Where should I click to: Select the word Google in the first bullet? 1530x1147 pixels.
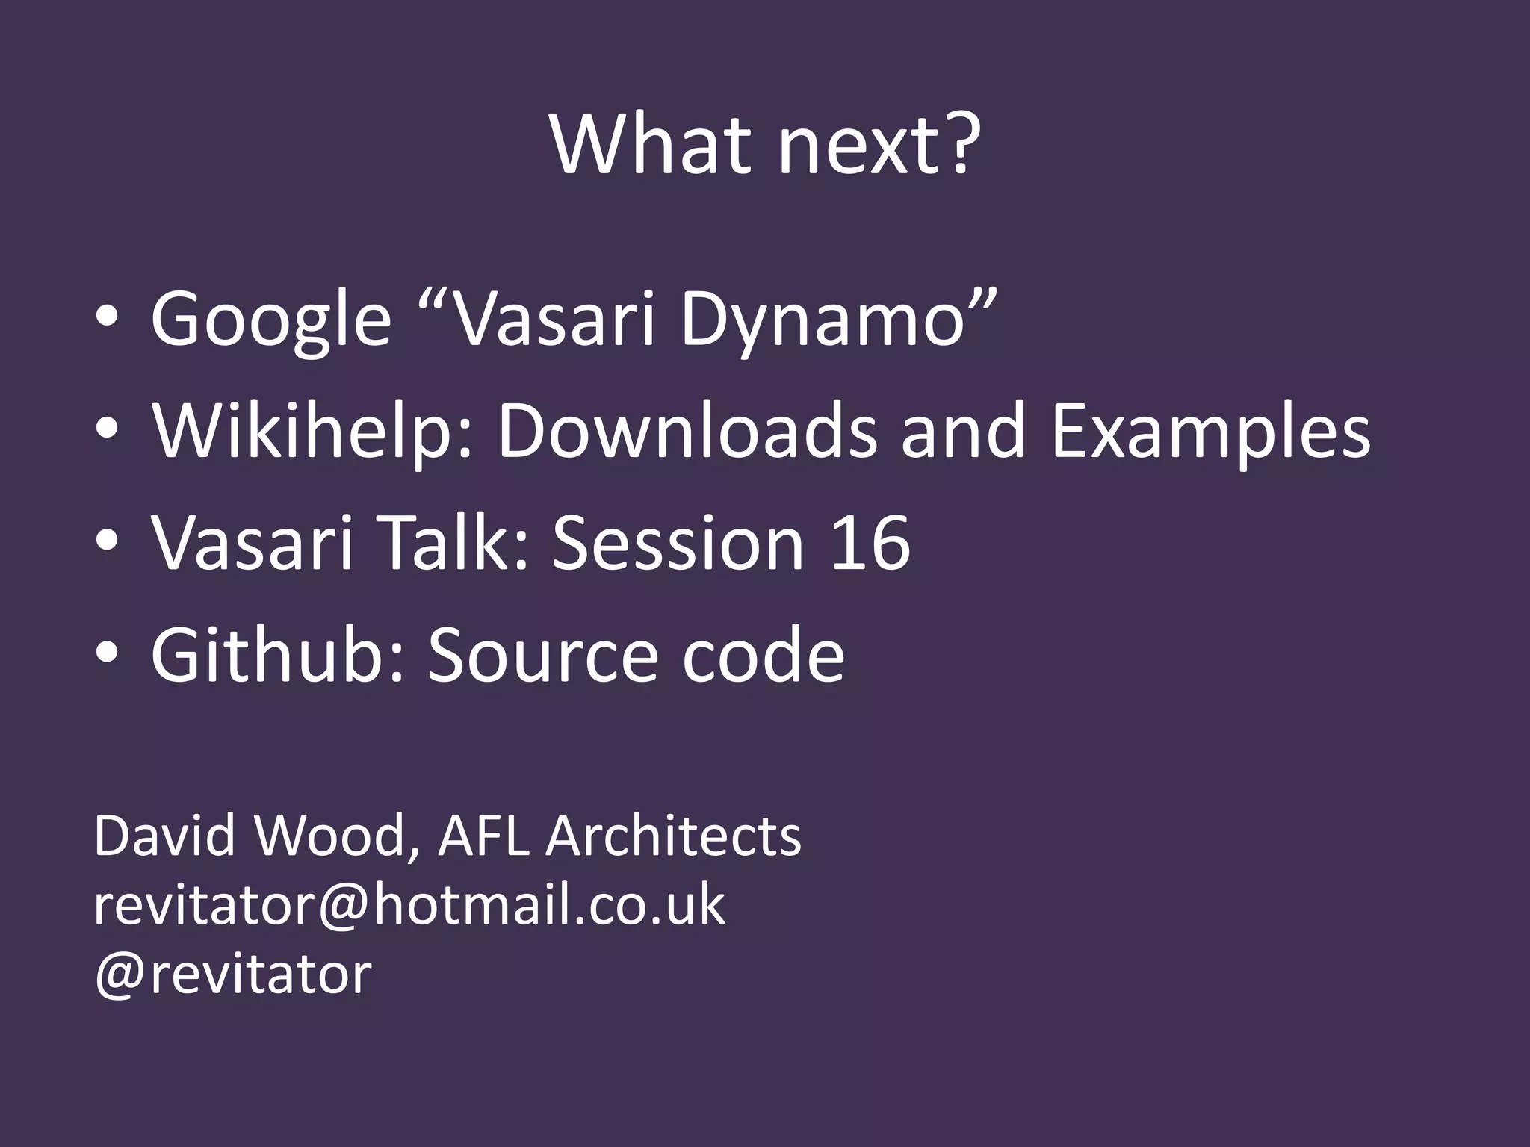click(271, 320)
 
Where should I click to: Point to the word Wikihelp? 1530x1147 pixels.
click(312, 432)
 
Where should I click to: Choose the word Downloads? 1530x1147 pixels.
click(687, 432)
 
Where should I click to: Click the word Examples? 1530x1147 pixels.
click(1210, 432)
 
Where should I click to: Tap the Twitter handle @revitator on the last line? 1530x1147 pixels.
click(232, 974)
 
